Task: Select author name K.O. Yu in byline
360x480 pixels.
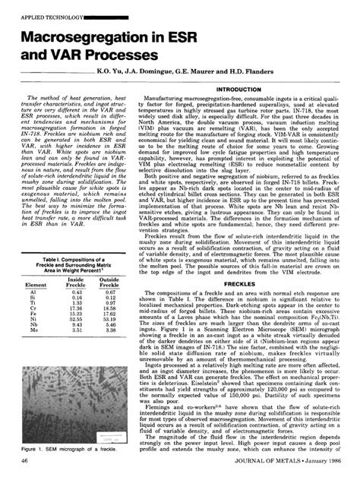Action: click(112, 71)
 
